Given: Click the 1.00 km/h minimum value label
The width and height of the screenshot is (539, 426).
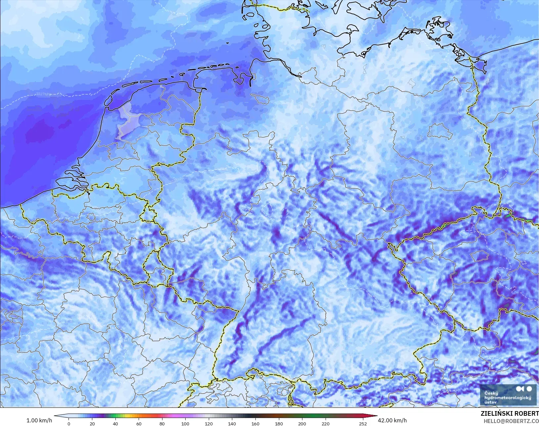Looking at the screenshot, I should pyautogui.click(x=39, y=420).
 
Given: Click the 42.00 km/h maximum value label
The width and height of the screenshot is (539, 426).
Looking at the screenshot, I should pyautogui.click(x=392, y=420).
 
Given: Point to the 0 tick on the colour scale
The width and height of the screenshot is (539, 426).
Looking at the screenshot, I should pyautogui.click(x=69, y=423).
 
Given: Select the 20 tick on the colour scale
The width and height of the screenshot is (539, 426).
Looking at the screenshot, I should pyautogui.click(x=92, y=423).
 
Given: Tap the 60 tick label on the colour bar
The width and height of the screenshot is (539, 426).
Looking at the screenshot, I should pyautogui.click(x=139, y=423).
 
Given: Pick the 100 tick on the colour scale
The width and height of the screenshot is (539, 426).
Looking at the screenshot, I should pyautogui.click(x=185, y=423).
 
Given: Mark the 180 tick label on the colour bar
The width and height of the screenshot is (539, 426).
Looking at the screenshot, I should pyautogui.click(x=279, y=423).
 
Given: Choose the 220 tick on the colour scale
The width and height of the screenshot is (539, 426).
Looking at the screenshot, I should pyautogui.click(x=325, y=423).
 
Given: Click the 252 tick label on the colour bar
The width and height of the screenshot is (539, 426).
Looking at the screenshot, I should pyautogui.click(x=363, y=423).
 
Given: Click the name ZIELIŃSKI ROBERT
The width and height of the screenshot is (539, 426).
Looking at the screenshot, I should pyautogui.click(x=510, y=414).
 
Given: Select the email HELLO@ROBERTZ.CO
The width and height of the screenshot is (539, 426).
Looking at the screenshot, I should pyautogui.click(x=511, y=421).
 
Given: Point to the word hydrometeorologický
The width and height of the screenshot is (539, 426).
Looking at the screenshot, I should pyautogui.click(x=508, y=398).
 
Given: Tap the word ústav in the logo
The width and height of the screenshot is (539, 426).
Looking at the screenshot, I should pyautogui.click(x=490, y=402).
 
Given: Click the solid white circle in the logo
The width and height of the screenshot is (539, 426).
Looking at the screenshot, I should pyautogui.click(x=529, y=389).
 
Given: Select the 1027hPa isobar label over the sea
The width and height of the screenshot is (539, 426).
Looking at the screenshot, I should pyautogui.click(x=43, y=94).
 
